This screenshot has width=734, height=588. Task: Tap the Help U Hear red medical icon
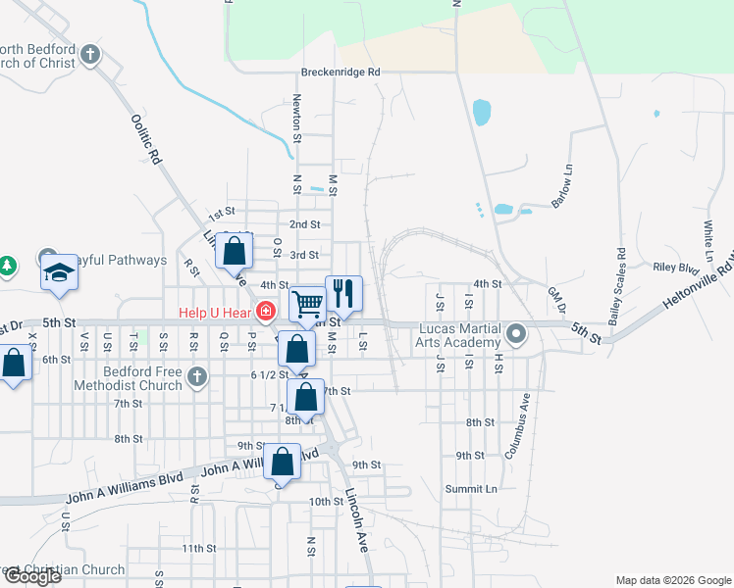point(264,314)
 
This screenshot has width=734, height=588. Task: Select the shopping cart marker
point(308,303)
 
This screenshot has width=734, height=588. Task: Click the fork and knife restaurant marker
point(343,292)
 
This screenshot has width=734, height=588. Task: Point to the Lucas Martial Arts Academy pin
point(516,336)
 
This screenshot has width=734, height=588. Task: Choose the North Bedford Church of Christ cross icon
point(90,54)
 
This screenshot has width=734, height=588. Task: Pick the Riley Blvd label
point(675,267)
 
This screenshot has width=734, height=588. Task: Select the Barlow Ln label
point(562,183)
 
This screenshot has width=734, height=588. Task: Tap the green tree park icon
point(7,265)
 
